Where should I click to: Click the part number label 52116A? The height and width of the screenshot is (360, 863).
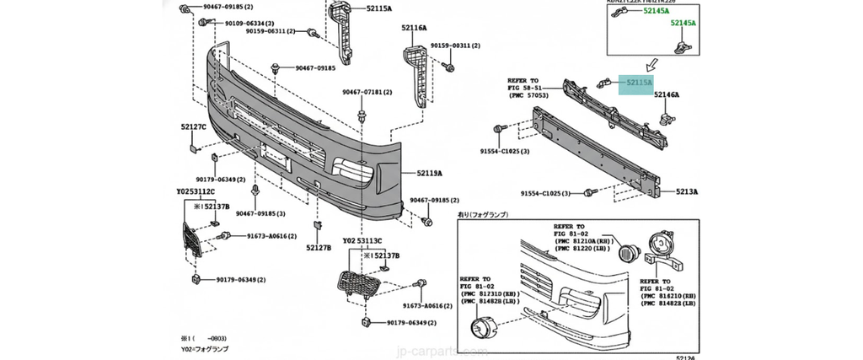414,28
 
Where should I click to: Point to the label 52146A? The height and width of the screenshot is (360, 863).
667,95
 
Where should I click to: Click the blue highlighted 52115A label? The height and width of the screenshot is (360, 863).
639,83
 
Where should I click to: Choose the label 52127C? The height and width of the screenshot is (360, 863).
192,127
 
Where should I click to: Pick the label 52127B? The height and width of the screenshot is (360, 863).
319,248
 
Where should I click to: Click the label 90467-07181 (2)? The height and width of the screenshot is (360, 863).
368,92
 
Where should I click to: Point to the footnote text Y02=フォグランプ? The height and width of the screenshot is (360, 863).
205,348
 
